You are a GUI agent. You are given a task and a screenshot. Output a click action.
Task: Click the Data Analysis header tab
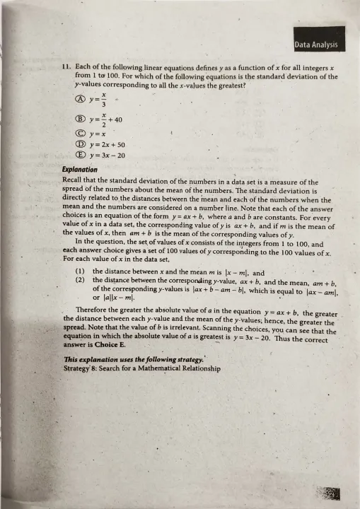pos(316,45)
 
